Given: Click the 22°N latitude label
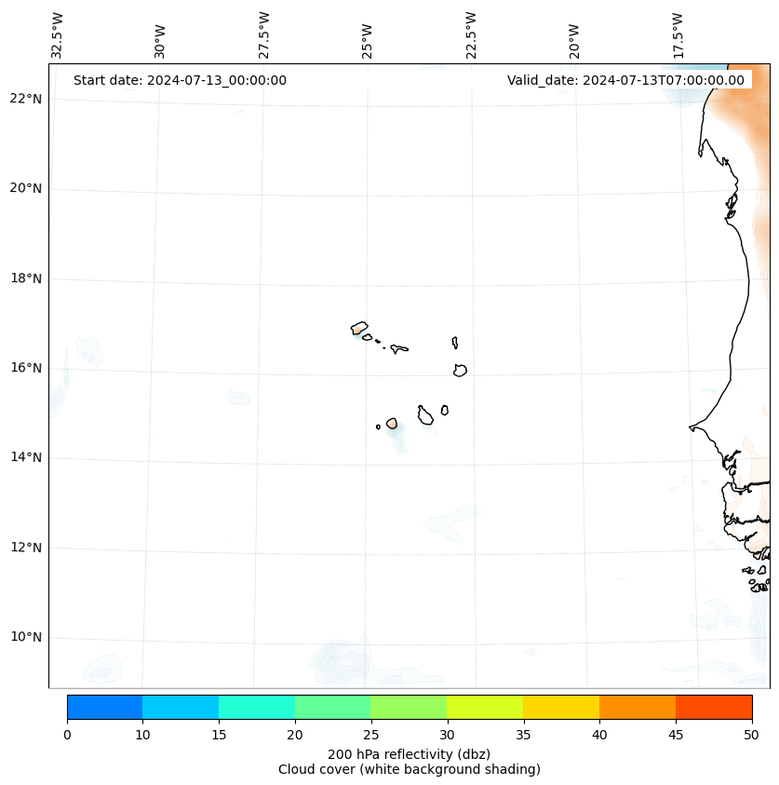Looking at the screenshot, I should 26,99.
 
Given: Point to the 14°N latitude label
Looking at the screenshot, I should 26,457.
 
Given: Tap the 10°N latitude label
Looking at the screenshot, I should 26,637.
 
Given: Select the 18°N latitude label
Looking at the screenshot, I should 26,278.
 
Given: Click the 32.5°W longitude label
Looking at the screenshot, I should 58,35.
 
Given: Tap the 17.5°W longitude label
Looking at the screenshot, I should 678,35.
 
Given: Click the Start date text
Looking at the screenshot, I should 180,80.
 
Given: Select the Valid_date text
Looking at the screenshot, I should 625,80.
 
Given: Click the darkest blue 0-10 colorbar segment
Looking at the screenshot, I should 104,707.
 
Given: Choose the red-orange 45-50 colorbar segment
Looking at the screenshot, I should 714,707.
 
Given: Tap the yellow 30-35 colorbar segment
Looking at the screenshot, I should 485,707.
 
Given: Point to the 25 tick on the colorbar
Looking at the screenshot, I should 370,736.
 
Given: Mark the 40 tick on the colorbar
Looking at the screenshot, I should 599,736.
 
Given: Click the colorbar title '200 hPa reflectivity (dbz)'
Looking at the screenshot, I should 409,753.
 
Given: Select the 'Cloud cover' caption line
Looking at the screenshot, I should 409,769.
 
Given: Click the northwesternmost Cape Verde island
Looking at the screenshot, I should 359,328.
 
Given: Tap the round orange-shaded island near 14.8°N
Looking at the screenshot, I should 392,424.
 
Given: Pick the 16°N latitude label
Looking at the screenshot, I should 26,368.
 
